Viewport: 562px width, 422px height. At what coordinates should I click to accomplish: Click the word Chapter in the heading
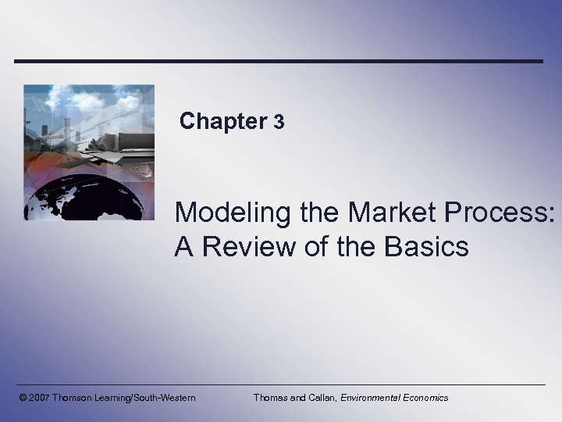(x=223, y=121)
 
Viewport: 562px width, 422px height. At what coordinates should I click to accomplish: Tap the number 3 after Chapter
(x=279, y=122)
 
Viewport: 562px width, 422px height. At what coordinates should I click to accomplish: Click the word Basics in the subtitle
(x=429, y=247)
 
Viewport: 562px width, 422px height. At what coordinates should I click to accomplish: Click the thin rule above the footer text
(x=281, y=384)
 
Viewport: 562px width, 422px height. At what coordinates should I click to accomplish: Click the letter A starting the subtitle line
(x=184, y=247)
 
